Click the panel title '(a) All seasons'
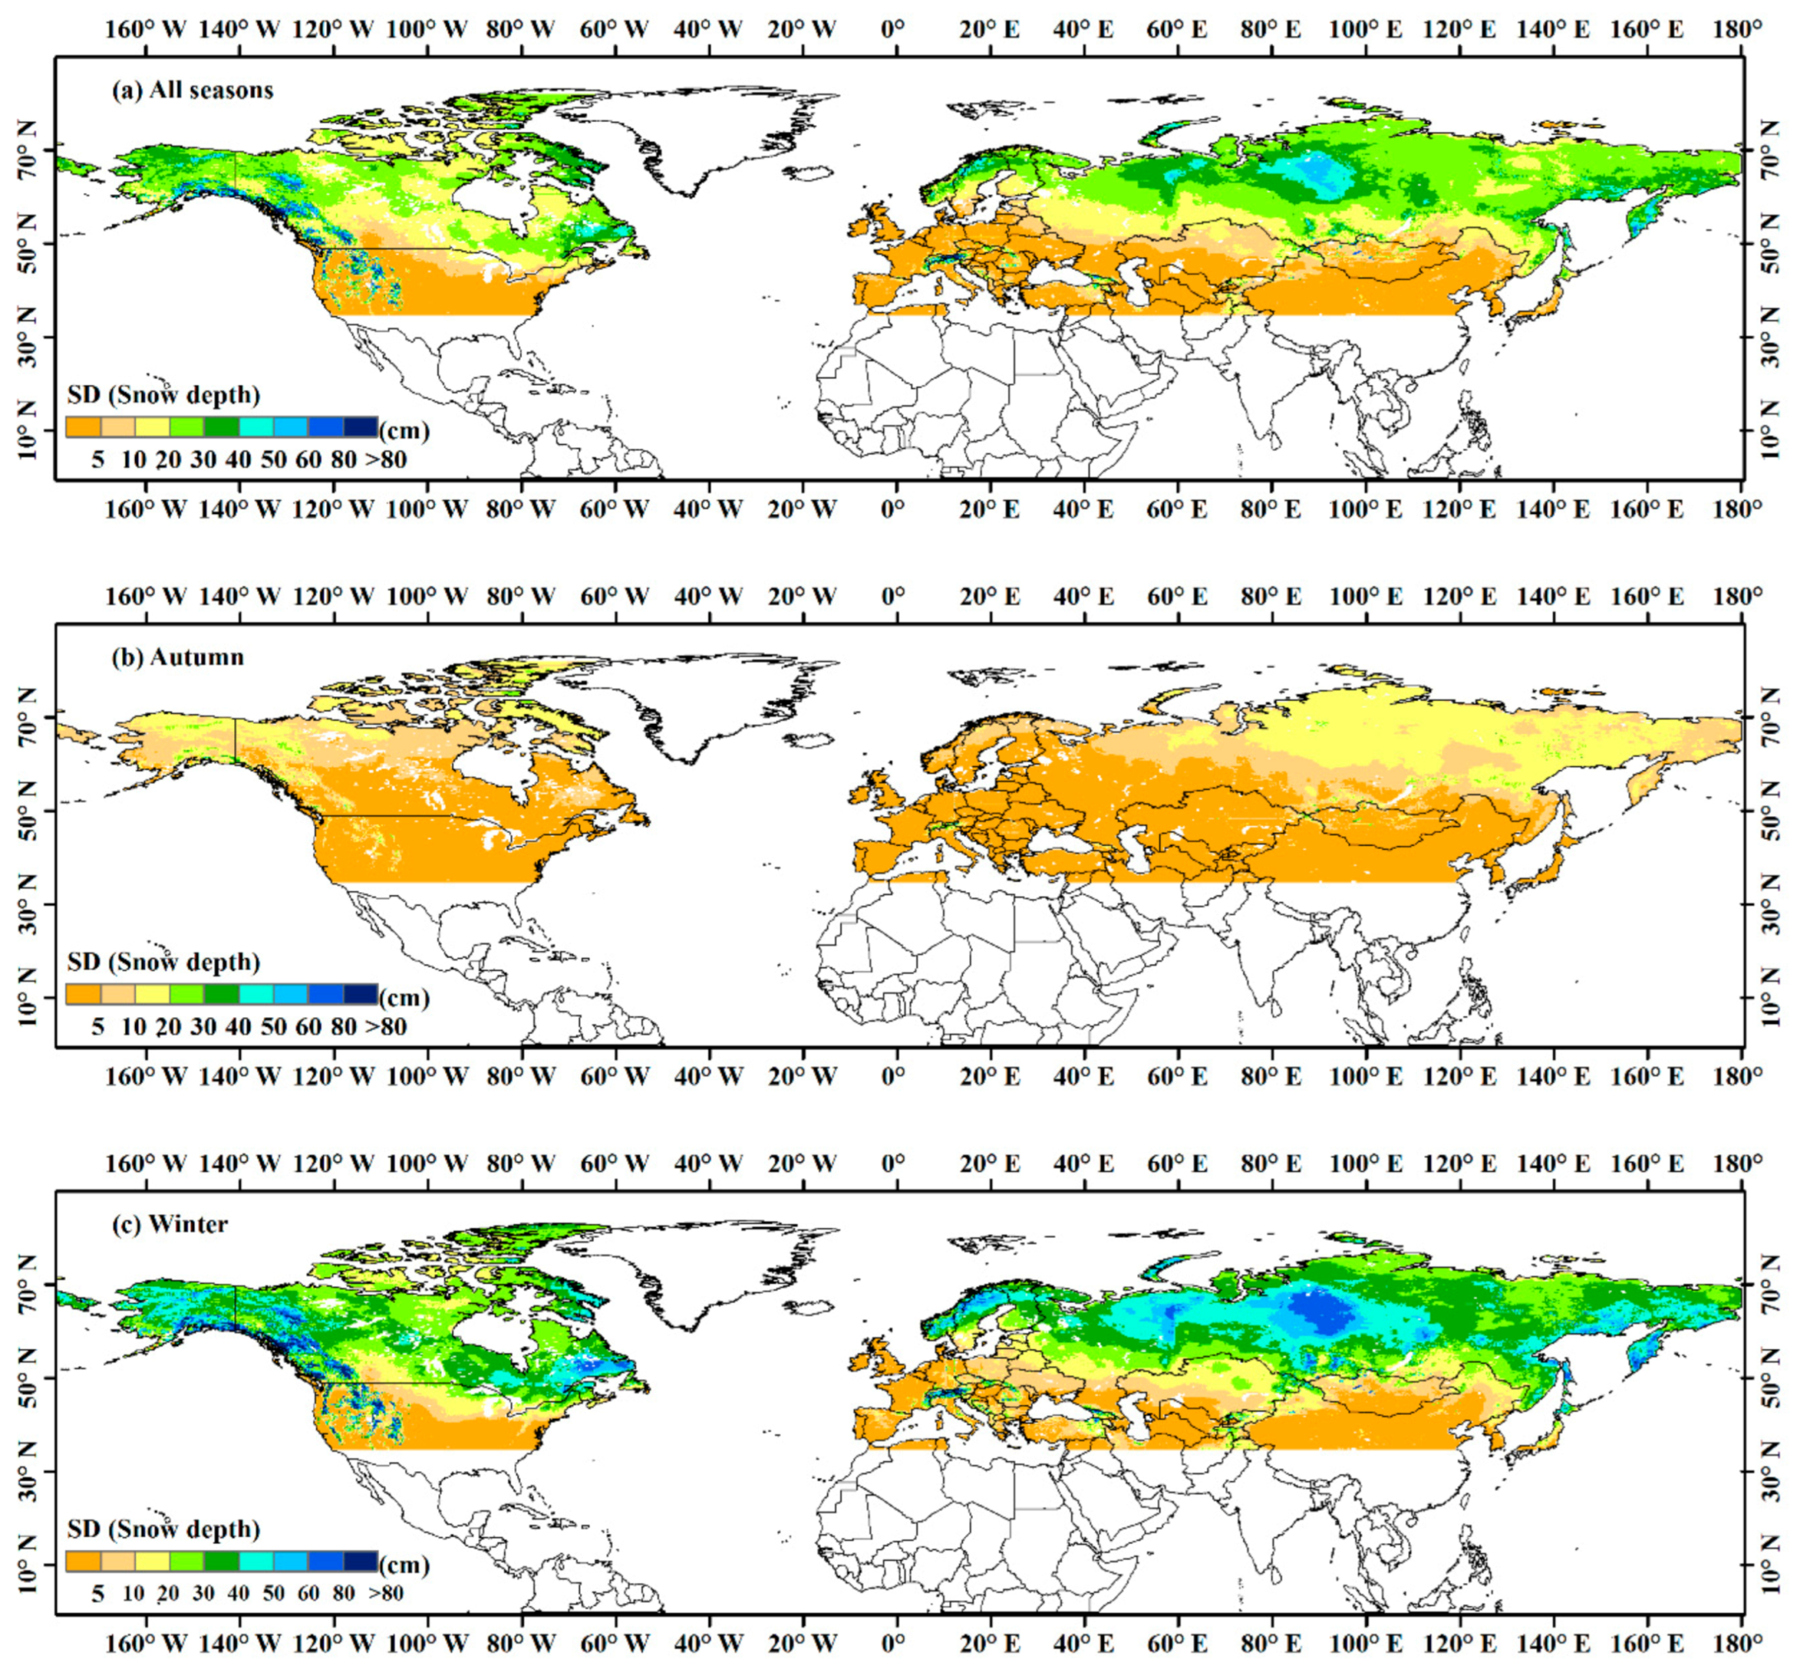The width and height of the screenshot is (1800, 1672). [x=192, y=91]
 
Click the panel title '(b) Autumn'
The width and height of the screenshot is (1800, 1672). [x=177, y=657]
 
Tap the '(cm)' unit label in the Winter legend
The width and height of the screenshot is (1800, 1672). [x=404, y=1564]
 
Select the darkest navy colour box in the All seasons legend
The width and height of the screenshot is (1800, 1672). [x=360, y=427]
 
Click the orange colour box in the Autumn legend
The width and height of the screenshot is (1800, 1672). [x=82, y=994]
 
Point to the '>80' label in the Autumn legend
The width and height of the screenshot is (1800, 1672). [x=386, y=1026]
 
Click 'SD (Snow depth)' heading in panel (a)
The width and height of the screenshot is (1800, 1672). [x=164, y=395]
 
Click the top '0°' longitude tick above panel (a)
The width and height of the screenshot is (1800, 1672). [x=893, y=30]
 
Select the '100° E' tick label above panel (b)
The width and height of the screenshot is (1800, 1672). [x=1365, y=596]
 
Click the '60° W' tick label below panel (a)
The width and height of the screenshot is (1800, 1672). [x=615, y=509]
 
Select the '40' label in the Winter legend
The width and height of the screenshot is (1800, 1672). [x=238, y=1593]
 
